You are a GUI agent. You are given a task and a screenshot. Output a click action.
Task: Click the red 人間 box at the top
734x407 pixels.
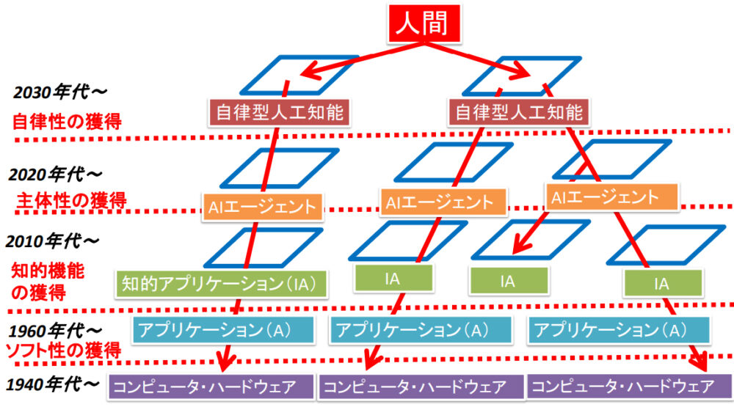click(x=422, y=25)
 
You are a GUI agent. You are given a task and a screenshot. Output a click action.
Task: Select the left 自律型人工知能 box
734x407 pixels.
click(x=278, y=112)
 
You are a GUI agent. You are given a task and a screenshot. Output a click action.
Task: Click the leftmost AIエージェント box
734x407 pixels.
click(x=262, y=206)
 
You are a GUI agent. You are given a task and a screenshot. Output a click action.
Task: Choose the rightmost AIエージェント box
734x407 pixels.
click(x=612, y=197)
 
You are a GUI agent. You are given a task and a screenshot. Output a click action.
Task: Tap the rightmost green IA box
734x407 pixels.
click(x=661, y=283)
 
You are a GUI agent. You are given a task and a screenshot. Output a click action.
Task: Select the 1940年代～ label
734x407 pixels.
click(x=52, y=384)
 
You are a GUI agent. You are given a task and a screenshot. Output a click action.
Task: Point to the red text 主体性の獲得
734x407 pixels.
click(x=70, y=199)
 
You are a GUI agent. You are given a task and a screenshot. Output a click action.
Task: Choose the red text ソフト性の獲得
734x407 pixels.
click(x=62, y=350)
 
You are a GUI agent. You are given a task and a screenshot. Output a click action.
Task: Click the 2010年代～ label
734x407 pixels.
click(x=54, y=241)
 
